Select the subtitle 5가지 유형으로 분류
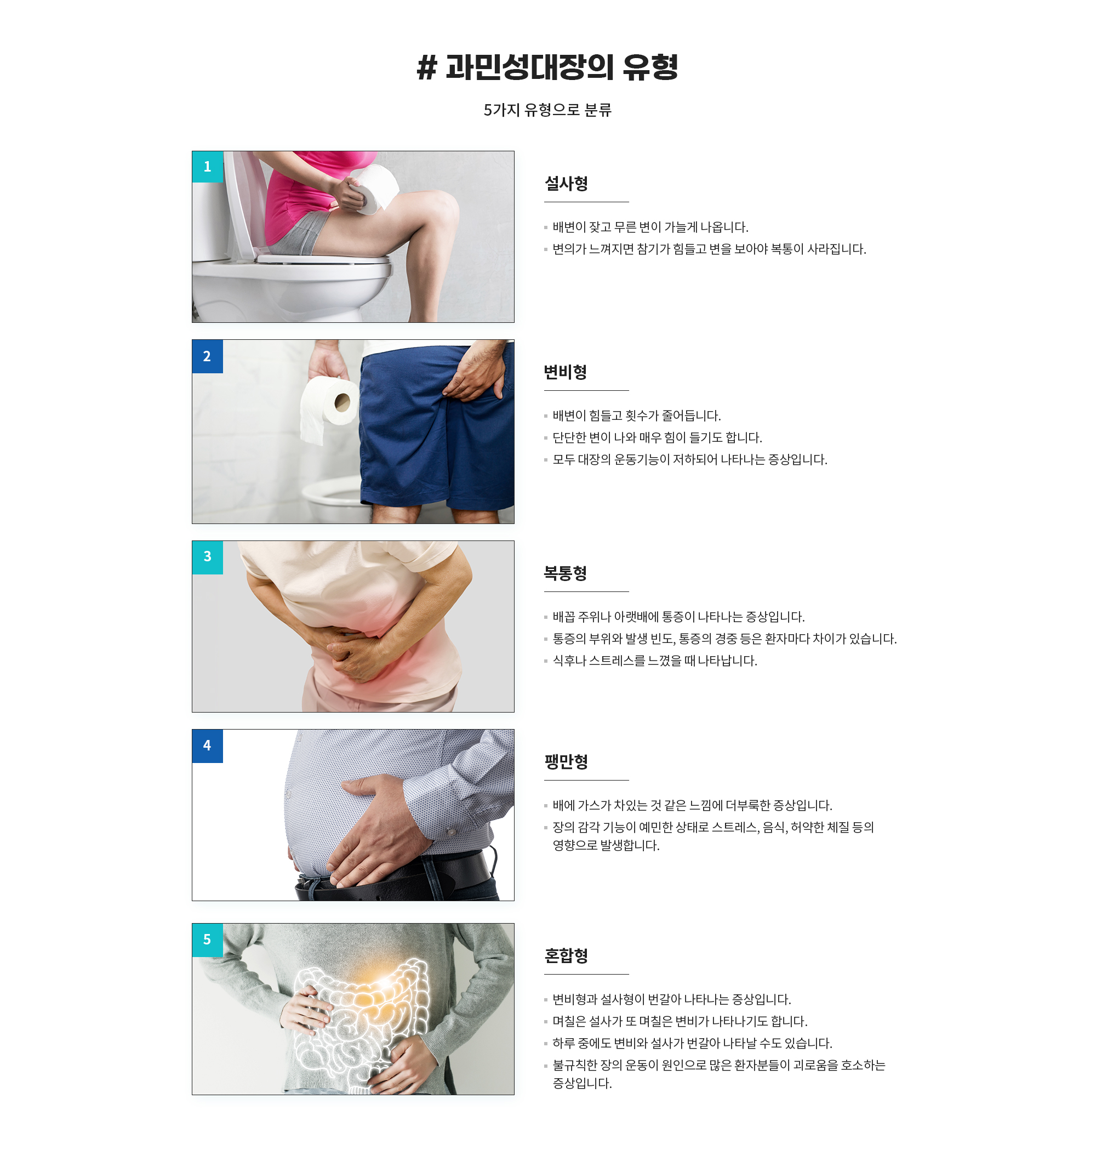[547, 110]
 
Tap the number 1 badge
[207, 167]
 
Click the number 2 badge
[207, 356]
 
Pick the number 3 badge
[207, 557]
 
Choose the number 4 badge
[207, 745]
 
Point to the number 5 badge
[207, 940]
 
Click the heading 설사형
[566, 184]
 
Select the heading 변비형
[566, 372]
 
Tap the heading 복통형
[566, 573]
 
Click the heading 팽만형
[566, 762]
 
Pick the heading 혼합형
[566, 956]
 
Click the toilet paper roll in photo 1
[373, 188]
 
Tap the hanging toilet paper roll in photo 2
[328, 407]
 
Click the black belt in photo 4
[397, 876]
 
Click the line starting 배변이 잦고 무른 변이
[650, 227]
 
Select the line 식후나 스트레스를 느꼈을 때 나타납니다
[655, 661]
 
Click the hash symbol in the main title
[427, 67]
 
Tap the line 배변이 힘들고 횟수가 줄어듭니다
[637, 416]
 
